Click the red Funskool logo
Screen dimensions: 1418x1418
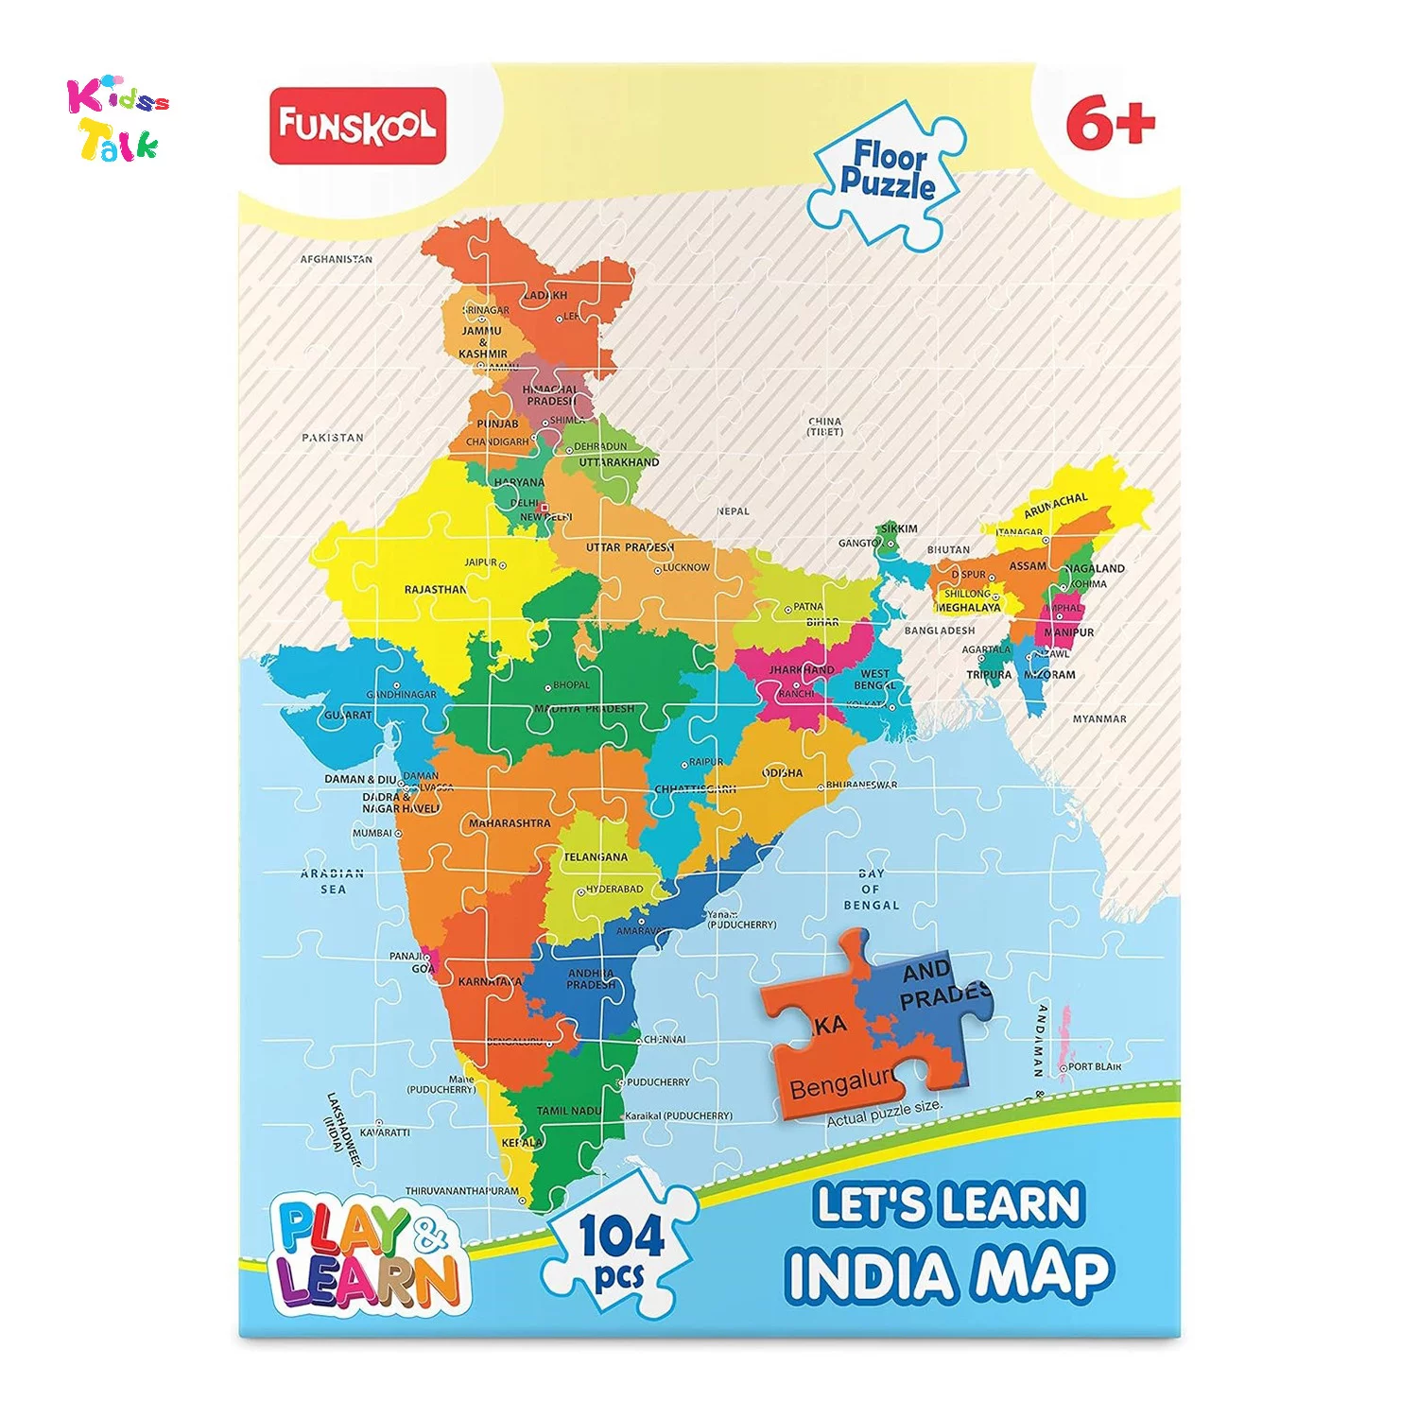(x=357, y=126)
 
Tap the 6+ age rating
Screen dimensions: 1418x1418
(x=1110, y=124)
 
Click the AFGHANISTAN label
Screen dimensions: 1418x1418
(x=337, y=259)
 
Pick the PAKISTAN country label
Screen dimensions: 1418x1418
(x=333, y=438)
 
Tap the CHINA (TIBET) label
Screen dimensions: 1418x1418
(x=824, y=426)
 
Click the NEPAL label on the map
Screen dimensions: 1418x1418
(x=733, y=511)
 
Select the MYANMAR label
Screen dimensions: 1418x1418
(x=1099, y=719)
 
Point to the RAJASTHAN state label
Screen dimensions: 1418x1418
(x=436, y=590)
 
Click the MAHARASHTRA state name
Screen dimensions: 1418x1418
(x=510, y=823)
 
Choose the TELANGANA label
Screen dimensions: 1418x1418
(x=596, y=857)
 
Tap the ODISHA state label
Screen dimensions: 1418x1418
(x=783, y=773)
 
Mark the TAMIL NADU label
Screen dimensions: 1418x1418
(x=569, y=1111)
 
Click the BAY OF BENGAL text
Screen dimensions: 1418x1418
(x=871, y=890)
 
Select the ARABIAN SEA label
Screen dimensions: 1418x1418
(x=332, y=881)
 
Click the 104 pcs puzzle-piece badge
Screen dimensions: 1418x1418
(x=622, y=1246)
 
